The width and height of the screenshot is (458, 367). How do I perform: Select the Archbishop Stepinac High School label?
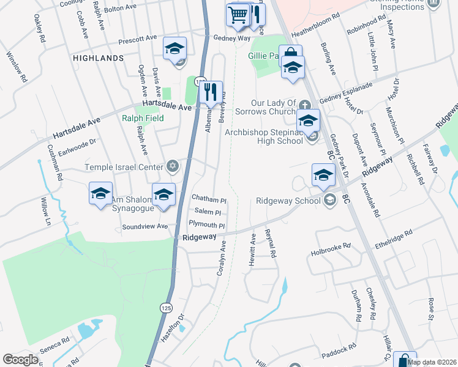pyautogui.click(x=264, y=136)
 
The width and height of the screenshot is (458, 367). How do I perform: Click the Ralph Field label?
pyautogui.click(x=143, y=118)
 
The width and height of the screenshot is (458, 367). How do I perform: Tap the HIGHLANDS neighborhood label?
pyautogui.click(x=98, y=57)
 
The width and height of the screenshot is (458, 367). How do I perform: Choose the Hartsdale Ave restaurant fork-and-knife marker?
pyautogui.click(x=211, y=92)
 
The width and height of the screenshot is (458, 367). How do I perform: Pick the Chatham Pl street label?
pyautogui.click(x=209, y=199)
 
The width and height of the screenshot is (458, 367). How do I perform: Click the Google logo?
pyautogui.click(x=20, y=360)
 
